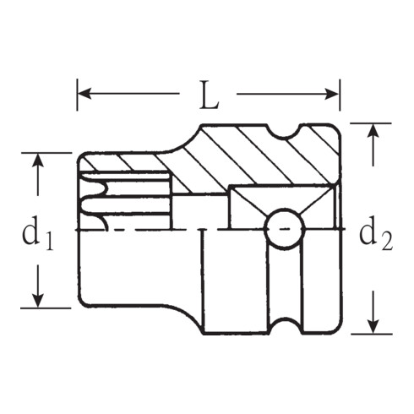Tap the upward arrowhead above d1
point(37,161)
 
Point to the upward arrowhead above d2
point(373,132)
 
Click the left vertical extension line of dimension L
point(77,95)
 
